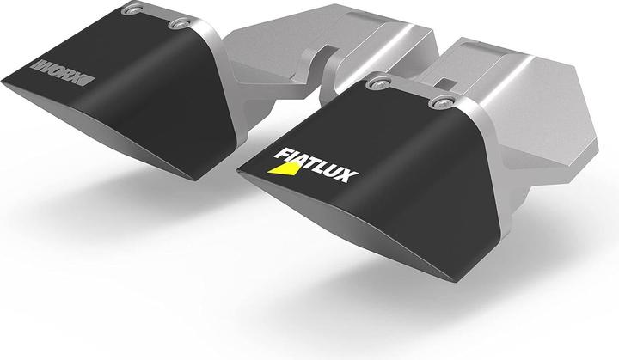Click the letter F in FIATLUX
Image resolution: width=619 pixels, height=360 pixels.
pos(280,155)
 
